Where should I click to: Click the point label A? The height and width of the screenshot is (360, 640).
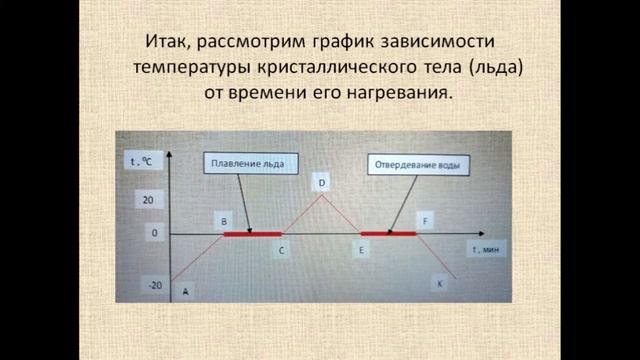coord(185,291)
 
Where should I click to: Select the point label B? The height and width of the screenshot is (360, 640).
coord(223,219)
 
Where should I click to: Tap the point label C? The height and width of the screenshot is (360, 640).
coord(282,251)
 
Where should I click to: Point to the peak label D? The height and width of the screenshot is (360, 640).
coord(322,183)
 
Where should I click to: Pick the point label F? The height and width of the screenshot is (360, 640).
coord(427,219)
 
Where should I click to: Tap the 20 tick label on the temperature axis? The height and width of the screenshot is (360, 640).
coord(148,200)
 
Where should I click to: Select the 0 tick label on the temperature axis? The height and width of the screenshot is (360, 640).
coord(154,232)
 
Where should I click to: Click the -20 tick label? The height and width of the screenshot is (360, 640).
coord(155,285)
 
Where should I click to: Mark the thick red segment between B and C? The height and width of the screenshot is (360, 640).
coord(252,234)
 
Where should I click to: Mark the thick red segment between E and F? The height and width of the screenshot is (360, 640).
coord(388,234)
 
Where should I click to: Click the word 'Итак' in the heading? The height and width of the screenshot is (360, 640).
coord(163,43)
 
